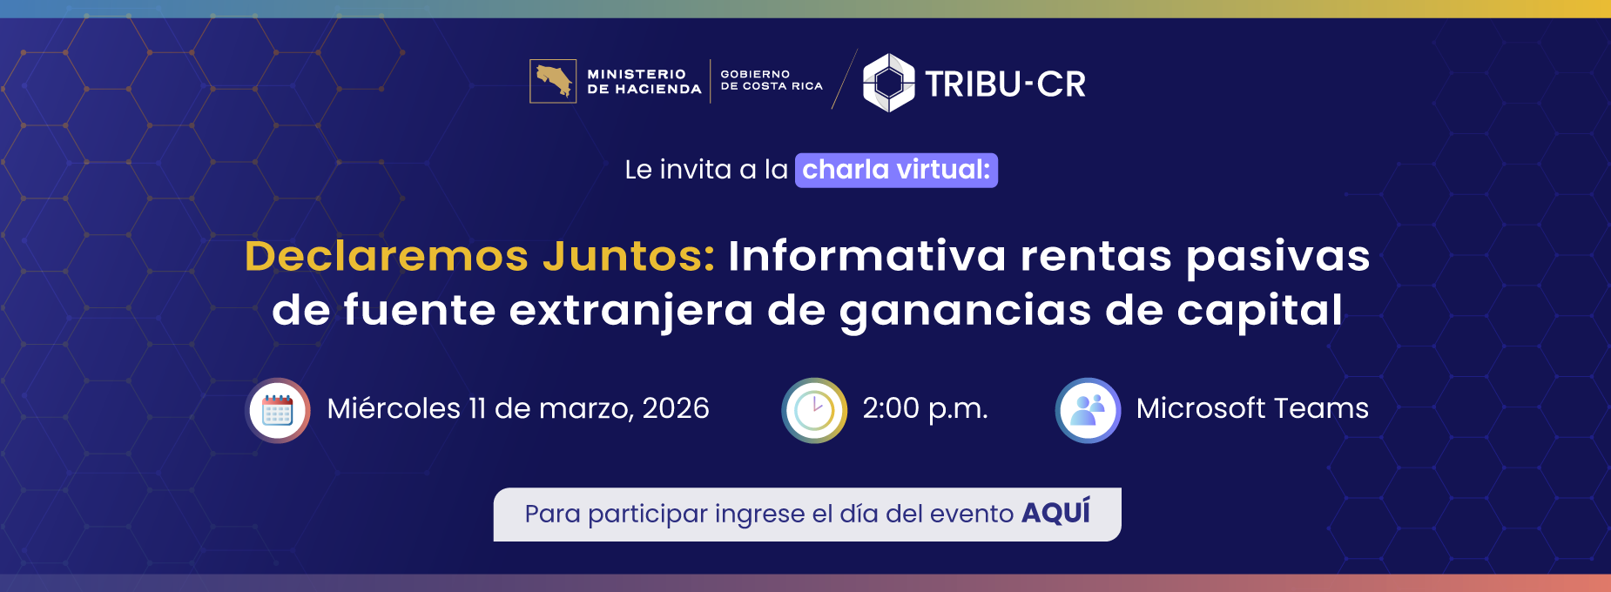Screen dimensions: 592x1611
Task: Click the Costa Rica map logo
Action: click(x=553, y=81)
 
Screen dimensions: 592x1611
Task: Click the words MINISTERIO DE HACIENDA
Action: click(x=644, y=82)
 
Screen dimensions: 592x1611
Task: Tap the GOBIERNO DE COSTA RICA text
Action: click(x=771, y=80)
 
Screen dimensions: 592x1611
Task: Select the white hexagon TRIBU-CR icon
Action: click(x=888, y=83)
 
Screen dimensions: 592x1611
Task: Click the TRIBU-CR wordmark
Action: click(x=1005, y=84)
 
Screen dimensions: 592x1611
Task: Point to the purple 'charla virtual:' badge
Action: click(x=896, y=170)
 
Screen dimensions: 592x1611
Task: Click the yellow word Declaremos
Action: click(x=387, y=256)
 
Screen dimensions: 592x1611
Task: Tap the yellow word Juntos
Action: click(x=627, y=256)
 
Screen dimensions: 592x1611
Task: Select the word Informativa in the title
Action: click(x=866, y=256)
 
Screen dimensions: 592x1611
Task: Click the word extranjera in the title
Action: click(x=630, y=311)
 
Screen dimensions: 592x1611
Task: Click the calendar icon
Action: click(x=278, y=410)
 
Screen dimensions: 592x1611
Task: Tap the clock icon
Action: click(x=814, y=410)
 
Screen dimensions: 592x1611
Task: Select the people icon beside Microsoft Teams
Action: click(x=1088, y=410)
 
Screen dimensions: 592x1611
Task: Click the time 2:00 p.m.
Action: click(x=925, y=408)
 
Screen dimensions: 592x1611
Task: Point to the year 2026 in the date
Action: click(x=676, y=408)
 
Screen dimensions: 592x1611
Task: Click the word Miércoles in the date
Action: click(x=394, y=408)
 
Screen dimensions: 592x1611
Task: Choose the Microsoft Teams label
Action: click(x=1252, y=408)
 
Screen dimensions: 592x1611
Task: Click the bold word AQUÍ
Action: click(x=1055, y=513)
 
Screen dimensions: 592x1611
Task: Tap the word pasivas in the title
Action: click(x=1277, y=258)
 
